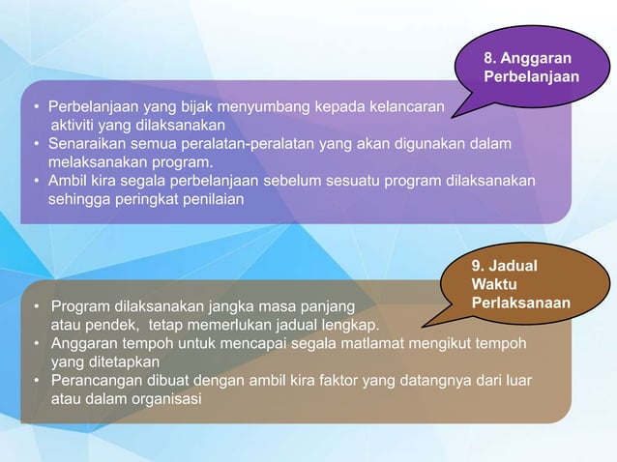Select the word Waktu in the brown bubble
[491, 285]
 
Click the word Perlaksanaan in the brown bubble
[519, 303]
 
